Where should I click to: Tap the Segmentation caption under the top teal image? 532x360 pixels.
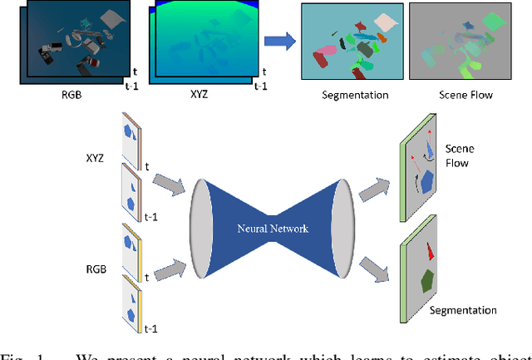[x=355, y=95]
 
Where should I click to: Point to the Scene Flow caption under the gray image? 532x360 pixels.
[x=465, y=95]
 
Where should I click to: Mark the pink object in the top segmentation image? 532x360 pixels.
[x=322, y=58]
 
